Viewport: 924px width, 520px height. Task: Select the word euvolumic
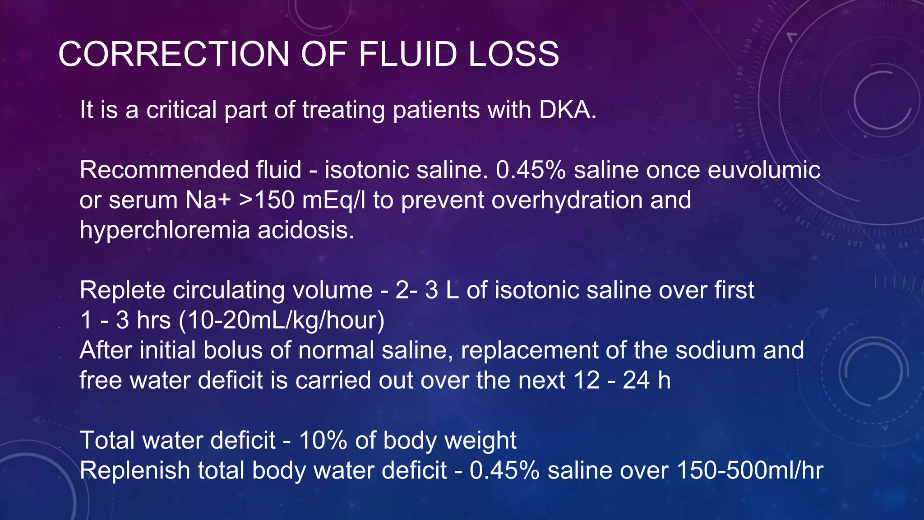pyautogui.click(x=764, y=170)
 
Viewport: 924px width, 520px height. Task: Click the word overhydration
pyautogui.click(x=566, y=200)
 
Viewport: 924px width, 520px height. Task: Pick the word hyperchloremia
pyautogui.click(x=165, y=230)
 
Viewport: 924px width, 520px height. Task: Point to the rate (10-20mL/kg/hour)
pyautogui.click(x=282, y=320)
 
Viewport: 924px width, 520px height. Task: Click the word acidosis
pyautogui.click(x=306, y=230)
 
